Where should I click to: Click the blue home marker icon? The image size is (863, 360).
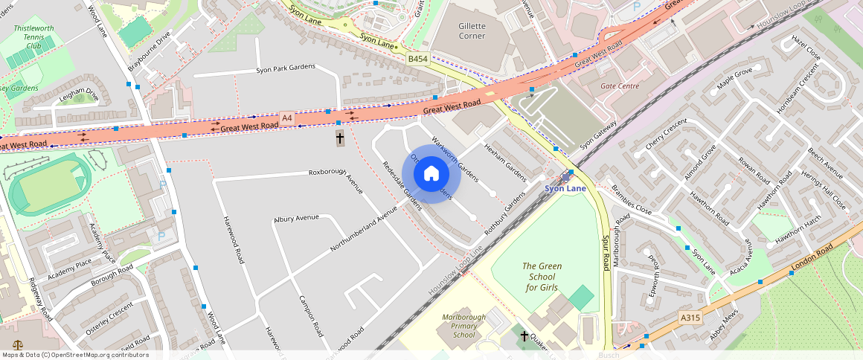(x=431, y=174)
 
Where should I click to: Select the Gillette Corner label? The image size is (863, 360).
(x=472, y=30)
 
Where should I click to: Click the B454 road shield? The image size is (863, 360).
(x=417, y=59)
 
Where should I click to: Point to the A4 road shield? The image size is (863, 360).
(x=287, y=118)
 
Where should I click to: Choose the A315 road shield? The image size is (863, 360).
(x=690, y=318)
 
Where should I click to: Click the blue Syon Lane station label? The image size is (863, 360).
(x=565, y=188)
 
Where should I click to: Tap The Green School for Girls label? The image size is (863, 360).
(x=542, y=277)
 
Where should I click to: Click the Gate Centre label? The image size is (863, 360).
(x=620, y=86)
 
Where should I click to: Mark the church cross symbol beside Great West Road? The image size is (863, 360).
(x=340, y=138)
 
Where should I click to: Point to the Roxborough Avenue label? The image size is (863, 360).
(x=336, y=179)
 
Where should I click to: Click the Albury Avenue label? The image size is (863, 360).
(x=296, y=219)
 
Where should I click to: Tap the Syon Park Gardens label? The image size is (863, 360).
(x=285, y=68)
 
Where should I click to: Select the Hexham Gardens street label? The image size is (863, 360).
(x=505, y=162)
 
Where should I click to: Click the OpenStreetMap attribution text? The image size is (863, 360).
(x=75, y=355)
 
